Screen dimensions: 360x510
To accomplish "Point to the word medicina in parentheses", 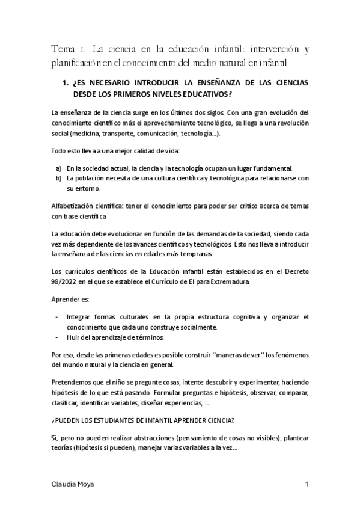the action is coord(87,134).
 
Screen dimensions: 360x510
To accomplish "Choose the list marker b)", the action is coord(58,178).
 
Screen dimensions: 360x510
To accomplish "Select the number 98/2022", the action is coord(66,281).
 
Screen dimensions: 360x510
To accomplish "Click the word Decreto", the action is coord(293,271).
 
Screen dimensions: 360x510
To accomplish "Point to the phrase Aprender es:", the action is coord(70,299).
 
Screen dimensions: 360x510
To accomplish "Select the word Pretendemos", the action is coord(73,382).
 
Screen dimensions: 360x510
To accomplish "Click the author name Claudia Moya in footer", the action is coord(71,485).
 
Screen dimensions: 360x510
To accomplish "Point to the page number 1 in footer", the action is coord(307,485).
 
